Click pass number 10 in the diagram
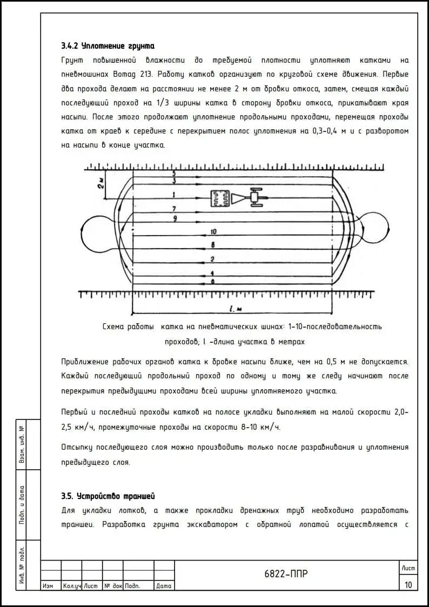213,231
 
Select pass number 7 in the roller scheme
174,208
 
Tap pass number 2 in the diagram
213,259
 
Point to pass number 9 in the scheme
174,218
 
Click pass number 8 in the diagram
213,245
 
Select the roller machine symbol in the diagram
238,198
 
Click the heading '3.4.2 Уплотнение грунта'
108,45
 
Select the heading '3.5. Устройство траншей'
109,496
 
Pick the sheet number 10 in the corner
407,584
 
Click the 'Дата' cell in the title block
164,585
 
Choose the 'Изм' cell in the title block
48,585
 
